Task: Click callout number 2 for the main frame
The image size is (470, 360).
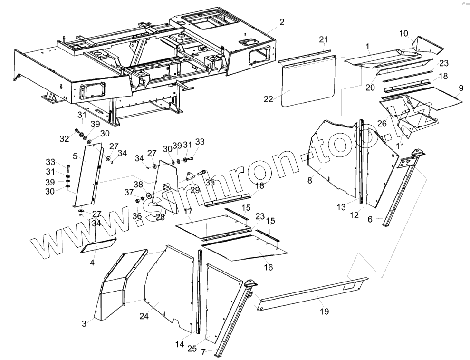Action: coord(282,22)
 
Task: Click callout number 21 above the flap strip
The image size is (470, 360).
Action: coord(324,39)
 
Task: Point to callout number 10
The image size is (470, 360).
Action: coord(403,33)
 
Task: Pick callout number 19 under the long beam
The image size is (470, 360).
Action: coord(324,311)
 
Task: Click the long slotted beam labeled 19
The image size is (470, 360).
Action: coord(309,294)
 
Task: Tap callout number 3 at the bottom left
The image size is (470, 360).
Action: coord(84,323)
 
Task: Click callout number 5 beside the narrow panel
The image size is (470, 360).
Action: coord(75,156)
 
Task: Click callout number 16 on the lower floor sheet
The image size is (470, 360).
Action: coord(268,267)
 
